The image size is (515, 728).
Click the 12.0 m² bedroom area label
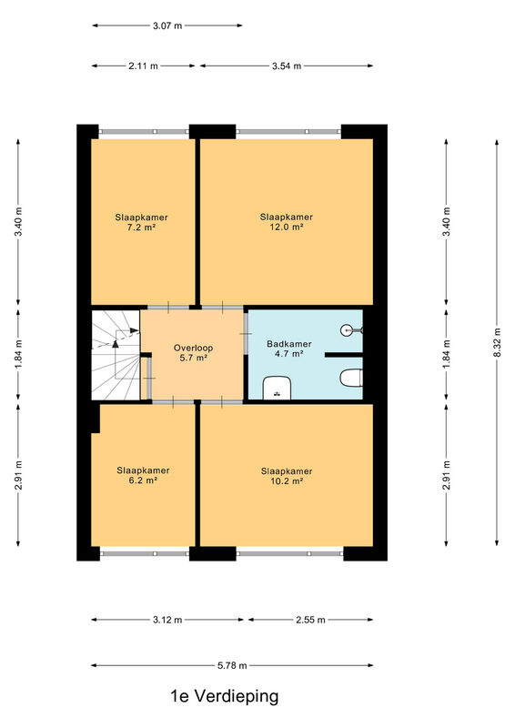(286, 222)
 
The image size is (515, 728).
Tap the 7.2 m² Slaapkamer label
(141, 222)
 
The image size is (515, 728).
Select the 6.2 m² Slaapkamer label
(143, 475)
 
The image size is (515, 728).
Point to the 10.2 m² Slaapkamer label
(287, 476)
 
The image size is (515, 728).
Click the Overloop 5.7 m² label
(193, 353)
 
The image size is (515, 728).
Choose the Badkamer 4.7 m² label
(288, 349)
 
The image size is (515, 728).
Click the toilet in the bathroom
(351, 378)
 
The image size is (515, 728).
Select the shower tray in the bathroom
(277, 389)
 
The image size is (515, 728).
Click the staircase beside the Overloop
(116, 355)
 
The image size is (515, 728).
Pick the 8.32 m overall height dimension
(497, 343)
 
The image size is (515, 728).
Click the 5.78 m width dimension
(232, 665)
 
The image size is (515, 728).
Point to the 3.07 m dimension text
(167, 26)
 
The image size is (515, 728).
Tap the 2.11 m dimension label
(143, 66)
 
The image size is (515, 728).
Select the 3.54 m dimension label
(287, 66)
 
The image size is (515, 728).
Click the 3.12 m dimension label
(167, 620)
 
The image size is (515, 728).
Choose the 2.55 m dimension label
(310, 620)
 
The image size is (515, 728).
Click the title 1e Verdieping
(225, 696)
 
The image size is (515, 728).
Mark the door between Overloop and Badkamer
(246, 334)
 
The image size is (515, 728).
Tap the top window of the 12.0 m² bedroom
(288, 132)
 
